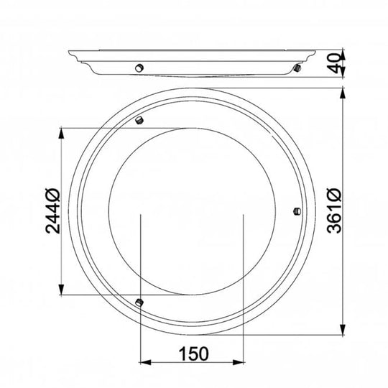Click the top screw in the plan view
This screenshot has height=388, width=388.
point(141,119)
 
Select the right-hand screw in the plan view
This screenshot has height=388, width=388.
point(297,211)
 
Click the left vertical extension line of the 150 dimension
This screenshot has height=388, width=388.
point(139,287)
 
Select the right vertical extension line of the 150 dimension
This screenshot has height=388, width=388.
point(244,287)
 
